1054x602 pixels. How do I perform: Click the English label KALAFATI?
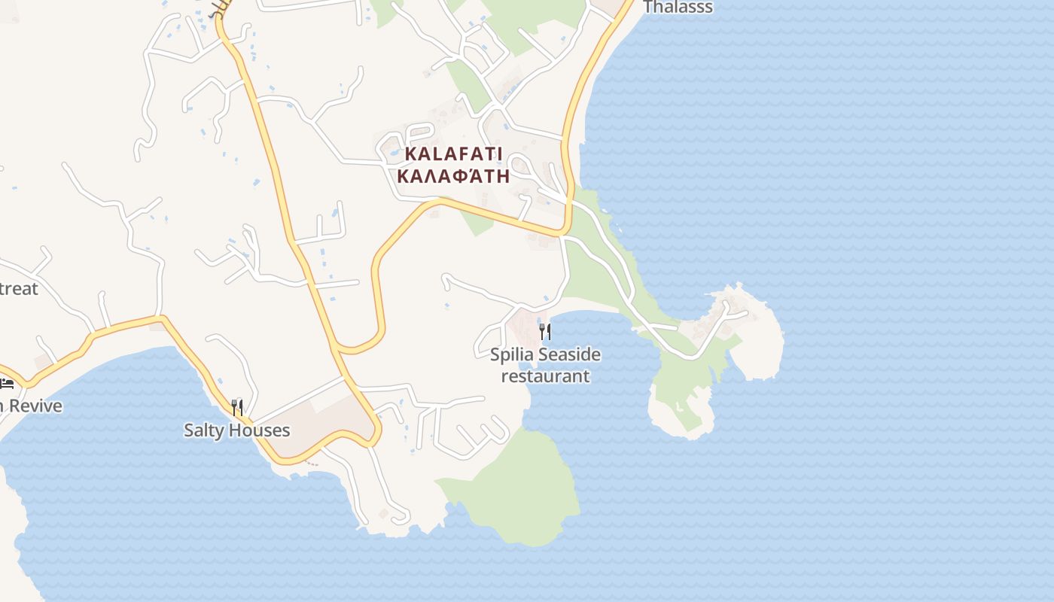[453, 154]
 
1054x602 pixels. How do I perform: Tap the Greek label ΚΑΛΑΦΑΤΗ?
[453, 177]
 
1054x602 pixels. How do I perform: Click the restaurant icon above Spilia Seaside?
[545, 331]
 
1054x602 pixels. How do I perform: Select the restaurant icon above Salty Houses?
[237, 408]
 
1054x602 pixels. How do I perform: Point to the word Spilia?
[512, 354]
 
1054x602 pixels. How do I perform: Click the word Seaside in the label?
[569, 354]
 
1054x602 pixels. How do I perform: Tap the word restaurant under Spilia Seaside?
[545, 375]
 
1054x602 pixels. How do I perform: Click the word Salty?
[205, 430]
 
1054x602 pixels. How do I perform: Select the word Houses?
[260, 430]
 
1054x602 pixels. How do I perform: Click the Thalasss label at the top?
[678, 8]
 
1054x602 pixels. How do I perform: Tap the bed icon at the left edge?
[7, 384]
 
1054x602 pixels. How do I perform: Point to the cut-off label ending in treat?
[19, 288]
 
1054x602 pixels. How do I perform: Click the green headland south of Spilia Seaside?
[527, 489]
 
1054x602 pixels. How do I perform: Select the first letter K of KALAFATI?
[411, 154]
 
